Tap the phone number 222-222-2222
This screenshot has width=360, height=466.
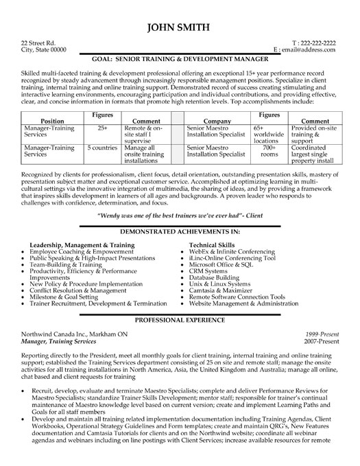318,42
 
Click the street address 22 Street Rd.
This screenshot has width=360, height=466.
38,42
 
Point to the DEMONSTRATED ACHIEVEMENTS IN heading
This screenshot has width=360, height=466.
180,233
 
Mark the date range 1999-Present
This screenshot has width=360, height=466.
323,333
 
